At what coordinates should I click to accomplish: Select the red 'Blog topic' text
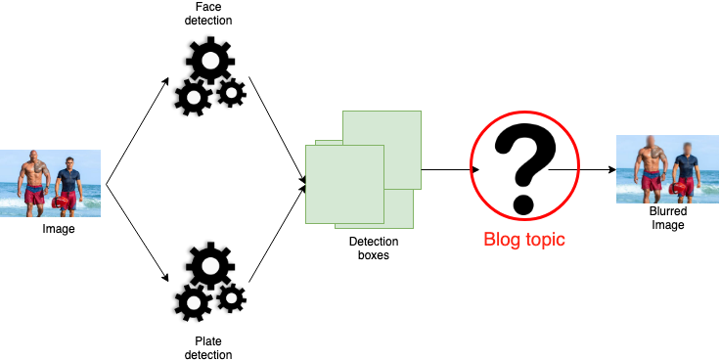pos(524,240)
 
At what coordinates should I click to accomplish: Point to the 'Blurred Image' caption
pos(668,218)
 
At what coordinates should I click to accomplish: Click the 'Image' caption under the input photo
pos(59,228)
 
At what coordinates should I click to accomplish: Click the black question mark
pos(524,169)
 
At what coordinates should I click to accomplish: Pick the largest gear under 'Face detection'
pos(210,60)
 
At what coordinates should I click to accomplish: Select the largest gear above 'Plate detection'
pos(210,265)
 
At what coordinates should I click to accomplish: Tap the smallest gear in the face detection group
pos(231,93)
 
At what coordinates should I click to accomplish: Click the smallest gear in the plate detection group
pos(231,298)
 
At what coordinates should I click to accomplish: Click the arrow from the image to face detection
pos(137,131)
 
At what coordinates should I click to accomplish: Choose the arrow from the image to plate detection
pos(137,233)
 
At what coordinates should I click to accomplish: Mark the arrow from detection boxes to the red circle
pos(450,169)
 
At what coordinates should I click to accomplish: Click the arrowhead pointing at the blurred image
pos(611,169)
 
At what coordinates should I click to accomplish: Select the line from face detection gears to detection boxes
pos(277,129)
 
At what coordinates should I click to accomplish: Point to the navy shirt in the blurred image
pos(687,166)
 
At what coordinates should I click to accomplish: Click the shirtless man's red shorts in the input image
pos(34,195)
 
